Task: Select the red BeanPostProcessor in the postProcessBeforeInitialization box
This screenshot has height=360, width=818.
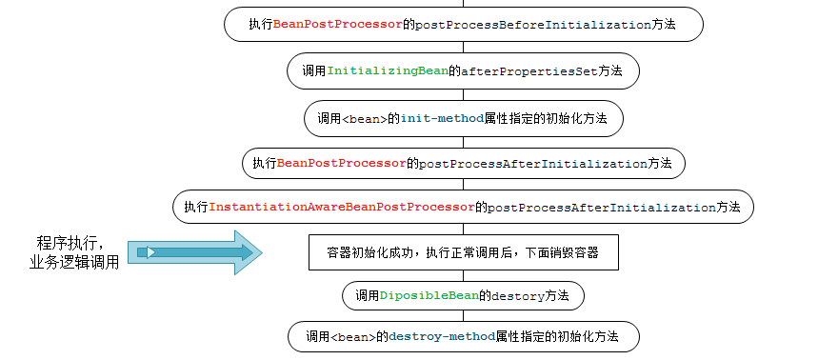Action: pyautogui.click(x=337, y=25)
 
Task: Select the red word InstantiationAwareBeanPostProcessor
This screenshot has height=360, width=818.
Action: pyautogui.click(x=341, y=207)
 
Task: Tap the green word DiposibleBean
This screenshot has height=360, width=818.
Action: pyautogui.click(x=429, y=296)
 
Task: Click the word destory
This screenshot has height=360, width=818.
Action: pyautogui.click(x=518, y=296)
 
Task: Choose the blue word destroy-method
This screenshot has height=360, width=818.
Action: pyautogui.click(x=442, y=337)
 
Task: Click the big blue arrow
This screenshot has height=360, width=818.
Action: pyautogui.click(x=195, y=252)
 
